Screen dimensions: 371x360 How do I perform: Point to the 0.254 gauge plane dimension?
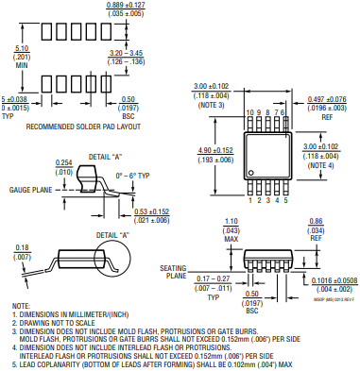pyautogui.click(x=64, y=161)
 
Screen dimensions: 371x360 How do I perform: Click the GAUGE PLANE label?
pyautogui.click(x=31, y=190)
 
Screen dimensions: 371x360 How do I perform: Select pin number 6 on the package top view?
pyautogui.click(x=283, y=112)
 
